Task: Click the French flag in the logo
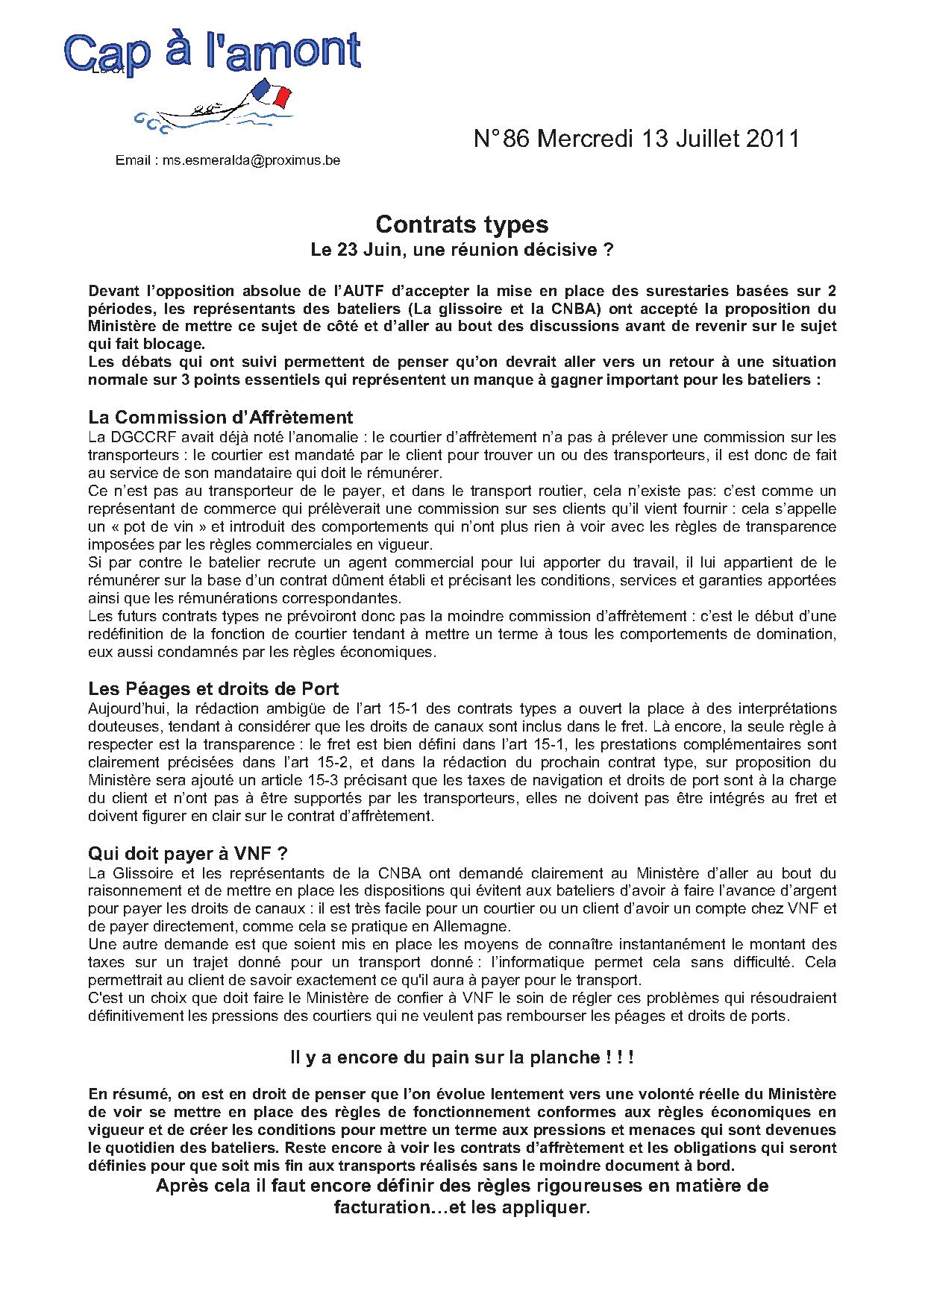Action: [273, 93]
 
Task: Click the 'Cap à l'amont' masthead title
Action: [213, 52]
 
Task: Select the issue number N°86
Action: [501, 139]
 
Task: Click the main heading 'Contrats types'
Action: [462, 224]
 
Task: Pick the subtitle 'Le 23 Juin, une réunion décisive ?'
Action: [462, 250]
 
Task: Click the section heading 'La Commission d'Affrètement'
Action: [220, 417]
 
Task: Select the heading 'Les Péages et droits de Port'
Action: [213, 688]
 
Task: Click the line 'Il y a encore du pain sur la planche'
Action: [462, 1057]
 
